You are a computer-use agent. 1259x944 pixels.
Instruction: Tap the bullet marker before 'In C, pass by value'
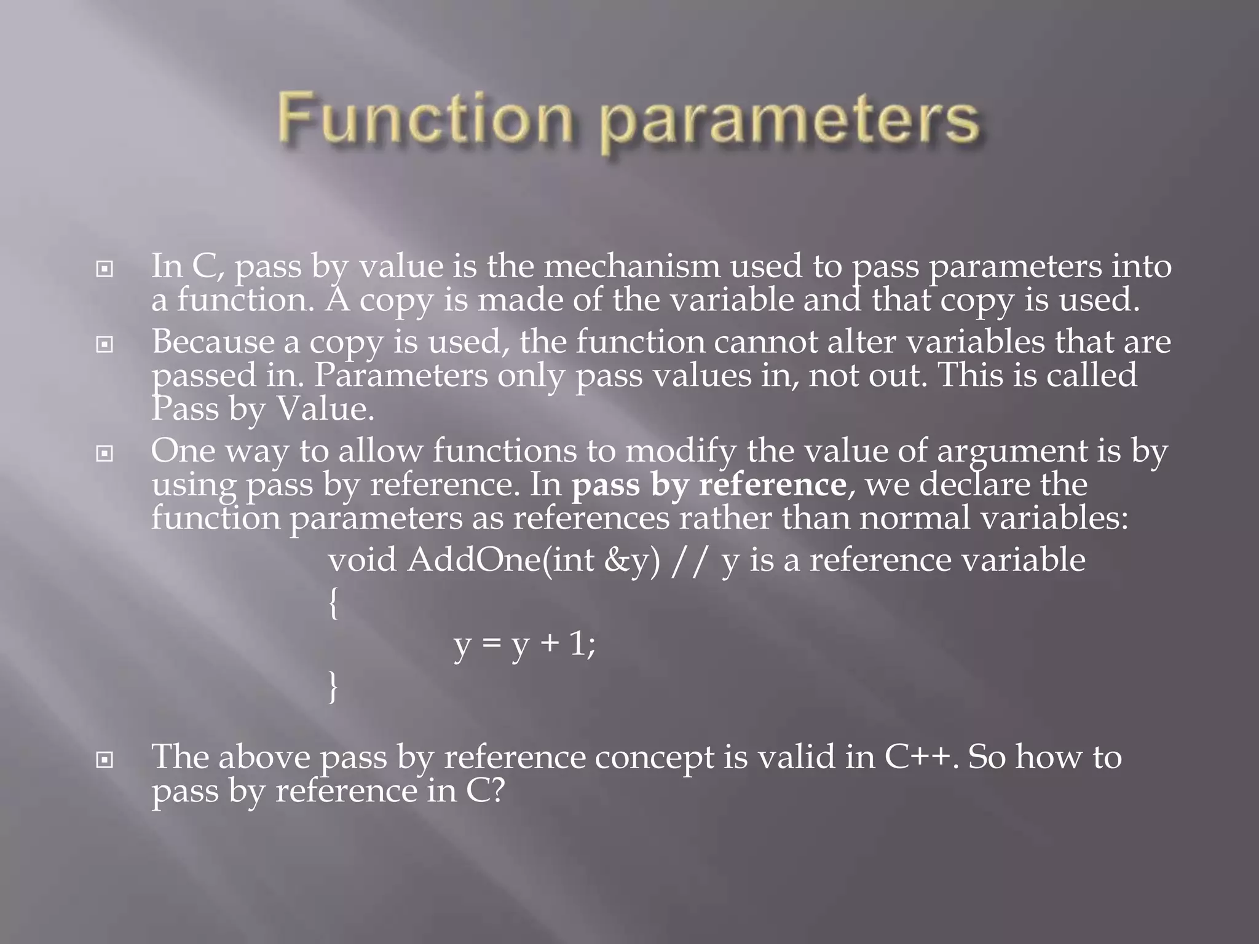click(x=105, y=269)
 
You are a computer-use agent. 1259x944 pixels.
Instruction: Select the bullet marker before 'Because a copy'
click(x=105, y=345)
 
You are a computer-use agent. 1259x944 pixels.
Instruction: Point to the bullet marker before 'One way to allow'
click(x=105, y=454)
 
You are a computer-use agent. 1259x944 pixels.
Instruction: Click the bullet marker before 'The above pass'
click(x=105, y=760)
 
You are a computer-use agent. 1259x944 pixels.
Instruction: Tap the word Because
click(x=213, y=342)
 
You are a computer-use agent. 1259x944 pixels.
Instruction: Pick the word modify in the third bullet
click(x=681, y=451)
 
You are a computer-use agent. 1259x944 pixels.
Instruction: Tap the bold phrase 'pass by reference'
click(x=709, y=484)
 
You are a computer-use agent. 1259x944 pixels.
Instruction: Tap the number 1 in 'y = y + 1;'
click(x=577, y=644)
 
